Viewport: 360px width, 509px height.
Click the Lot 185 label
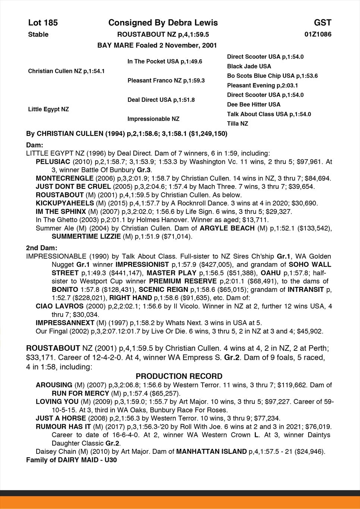[43, 23]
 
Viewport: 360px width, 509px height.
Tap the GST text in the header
[322, 23]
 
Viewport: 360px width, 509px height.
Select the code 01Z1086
[318, 35]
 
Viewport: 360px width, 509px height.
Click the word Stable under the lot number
[38, 35]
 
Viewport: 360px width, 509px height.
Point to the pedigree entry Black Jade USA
[249, 66]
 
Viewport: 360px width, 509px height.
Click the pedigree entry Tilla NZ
[237, 124]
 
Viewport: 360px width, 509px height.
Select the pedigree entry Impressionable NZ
[153, 119]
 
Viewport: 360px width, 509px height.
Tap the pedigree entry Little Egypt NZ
[48, 109]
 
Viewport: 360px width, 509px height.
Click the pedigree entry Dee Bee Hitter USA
[254, 104]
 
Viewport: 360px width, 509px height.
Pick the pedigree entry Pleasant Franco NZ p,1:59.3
[166, 81]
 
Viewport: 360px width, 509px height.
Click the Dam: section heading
[35, 145]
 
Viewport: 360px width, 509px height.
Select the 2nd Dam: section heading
[42, 248]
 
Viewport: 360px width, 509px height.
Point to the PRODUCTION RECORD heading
[179, 376]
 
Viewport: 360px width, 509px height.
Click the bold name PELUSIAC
[53, 162]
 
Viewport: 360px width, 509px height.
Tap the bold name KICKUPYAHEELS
[65, 203]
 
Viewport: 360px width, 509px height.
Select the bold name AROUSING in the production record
[54, 385]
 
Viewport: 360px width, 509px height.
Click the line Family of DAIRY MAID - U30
[71, 460]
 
